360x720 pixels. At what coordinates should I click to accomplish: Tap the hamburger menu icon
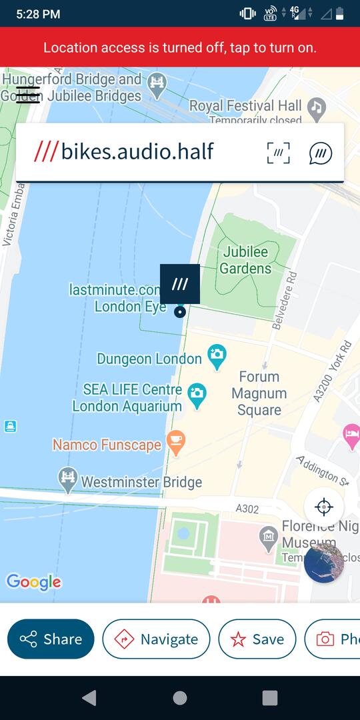click(x=28, y=95)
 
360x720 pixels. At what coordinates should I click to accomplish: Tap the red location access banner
click(x=180, y=47)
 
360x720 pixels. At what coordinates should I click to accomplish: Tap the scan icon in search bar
click(x=278, y=153)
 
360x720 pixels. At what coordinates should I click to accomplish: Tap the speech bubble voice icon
click(x=321, y=153)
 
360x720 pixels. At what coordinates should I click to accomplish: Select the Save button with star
click(x=257, y=639)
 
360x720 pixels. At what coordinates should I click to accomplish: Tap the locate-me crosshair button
click(x=324, y=507)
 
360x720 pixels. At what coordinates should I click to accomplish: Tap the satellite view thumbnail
click(x=324, y=563)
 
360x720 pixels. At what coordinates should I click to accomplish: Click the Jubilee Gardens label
click(x=245, y=260)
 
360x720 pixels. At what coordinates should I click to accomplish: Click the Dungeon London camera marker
click(x=217, y=356)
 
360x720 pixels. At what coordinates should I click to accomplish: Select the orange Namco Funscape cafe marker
click(x=176, y=442)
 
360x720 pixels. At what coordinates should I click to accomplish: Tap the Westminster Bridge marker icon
click(x=67, y=479)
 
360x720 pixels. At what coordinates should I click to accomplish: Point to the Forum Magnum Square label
click(x=259, y=393)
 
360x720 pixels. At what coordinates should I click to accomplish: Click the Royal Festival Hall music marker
click(x=316, y=107)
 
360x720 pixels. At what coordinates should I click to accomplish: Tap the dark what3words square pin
click(x=179, y=284)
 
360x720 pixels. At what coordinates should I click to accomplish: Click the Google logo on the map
click(x=33, y=582)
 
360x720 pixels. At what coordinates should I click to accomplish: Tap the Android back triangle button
click(x=89, y=698)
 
